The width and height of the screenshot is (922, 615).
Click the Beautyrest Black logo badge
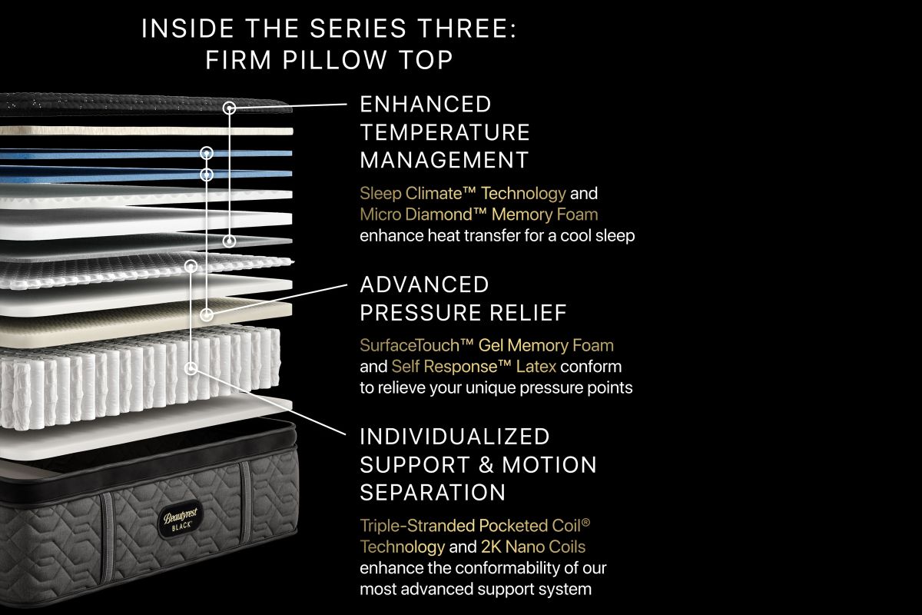point(181,520)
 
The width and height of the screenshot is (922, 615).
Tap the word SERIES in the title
point(358,29)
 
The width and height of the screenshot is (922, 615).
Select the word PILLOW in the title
point(334,60)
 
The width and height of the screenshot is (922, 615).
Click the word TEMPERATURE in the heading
point(445,132)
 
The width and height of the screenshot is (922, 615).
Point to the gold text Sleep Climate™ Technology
point(463,193)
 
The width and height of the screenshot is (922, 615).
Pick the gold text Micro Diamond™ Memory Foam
point(479,214)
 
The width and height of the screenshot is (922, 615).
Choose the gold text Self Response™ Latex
point(474,366)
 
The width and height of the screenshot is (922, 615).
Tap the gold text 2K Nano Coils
point(533,547)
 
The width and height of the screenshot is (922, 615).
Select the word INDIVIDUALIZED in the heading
point(455,437)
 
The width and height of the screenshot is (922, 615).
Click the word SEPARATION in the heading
point(433,492)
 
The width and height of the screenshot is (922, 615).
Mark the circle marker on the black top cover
point(229,108)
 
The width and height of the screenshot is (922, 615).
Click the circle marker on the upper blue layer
point(207,153)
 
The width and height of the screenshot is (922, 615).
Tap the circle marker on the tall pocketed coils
point(191,367)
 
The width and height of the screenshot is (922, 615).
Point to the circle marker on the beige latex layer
point(207,314)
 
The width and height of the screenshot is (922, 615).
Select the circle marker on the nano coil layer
point(191,266)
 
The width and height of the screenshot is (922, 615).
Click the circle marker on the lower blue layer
point(207,175)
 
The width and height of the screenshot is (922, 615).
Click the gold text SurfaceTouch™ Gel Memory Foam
point(486,345)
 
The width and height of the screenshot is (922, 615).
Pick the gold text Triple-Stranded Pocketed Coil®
point(475,526)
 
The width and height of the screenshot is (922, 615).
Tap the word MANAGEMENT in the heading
point(444,160)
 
